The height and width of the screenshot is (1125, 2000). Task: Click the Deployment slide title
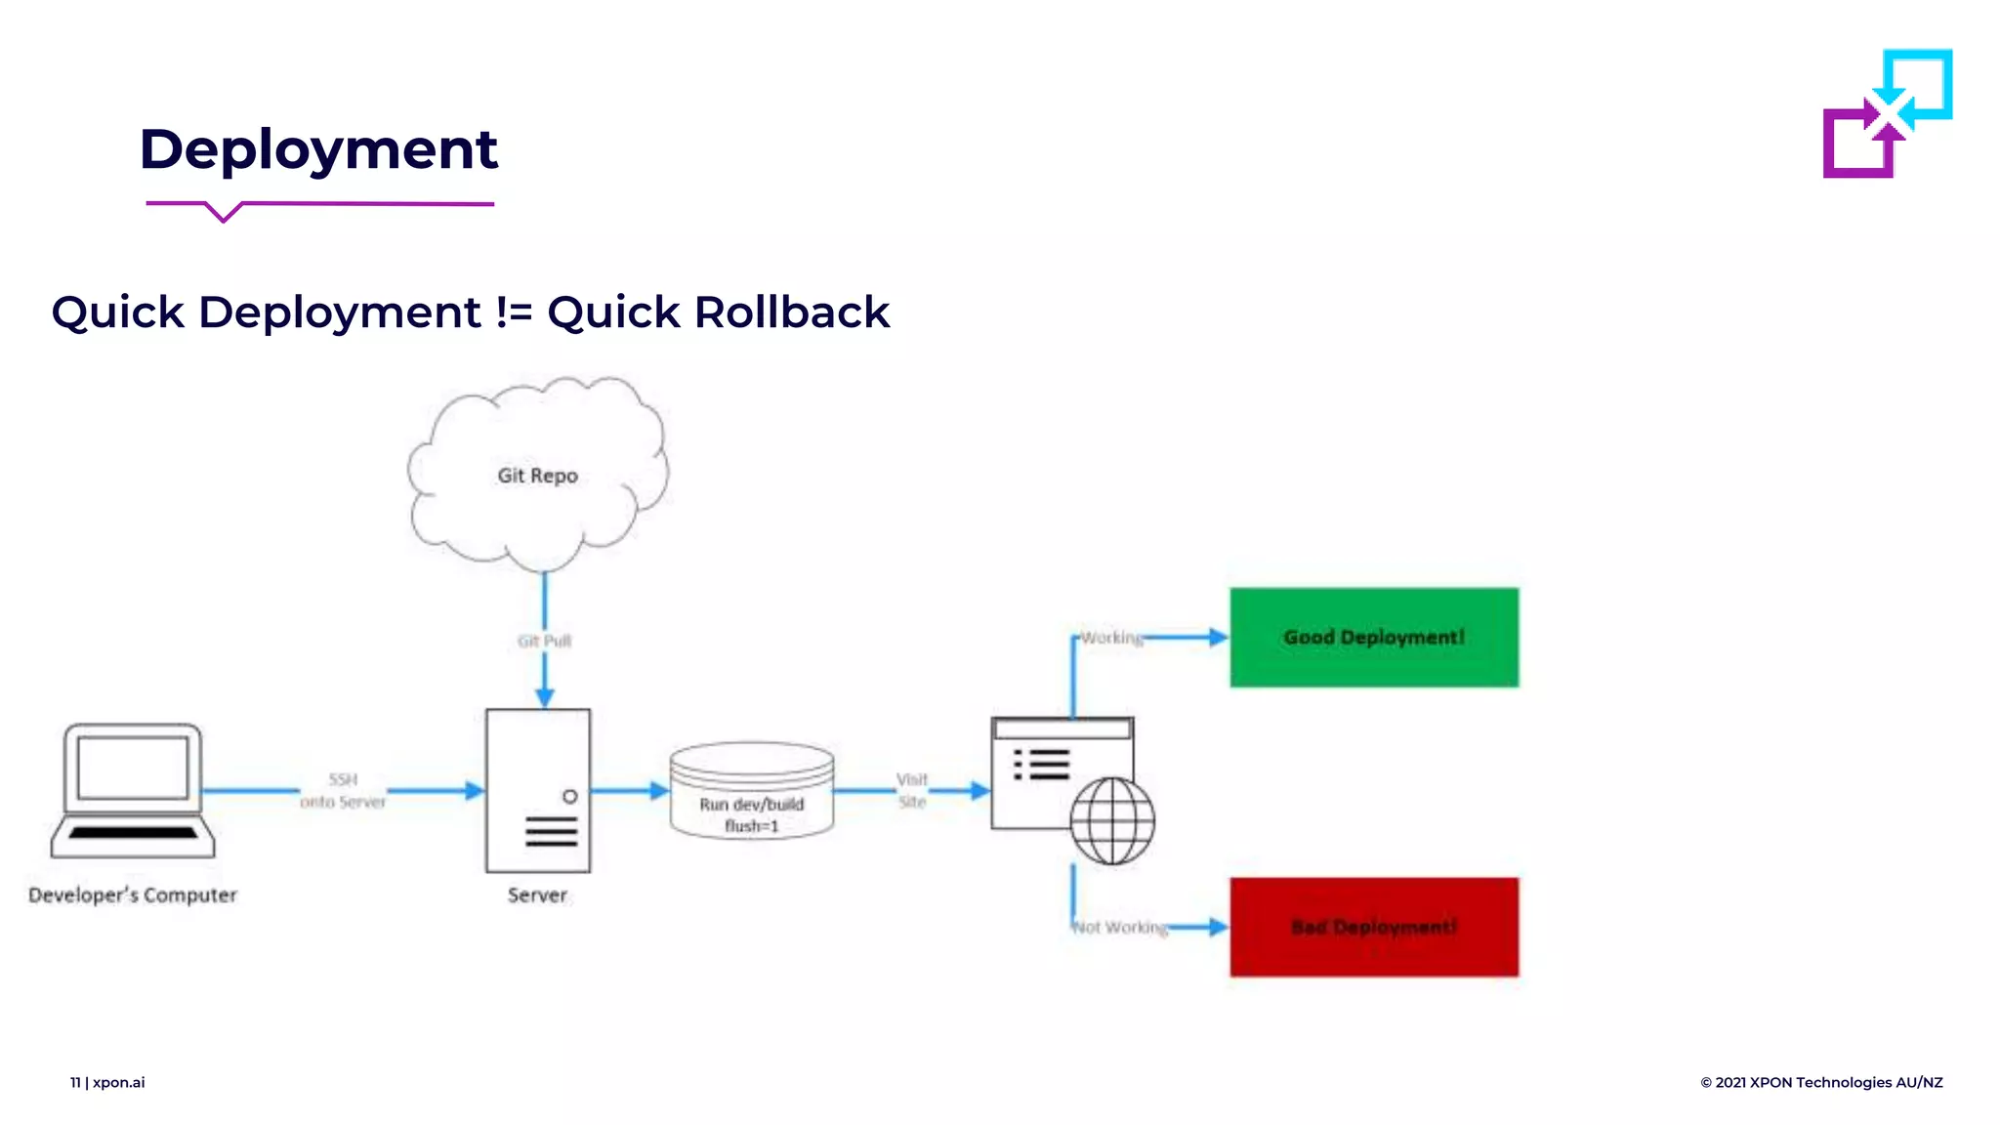pyautogui.click(x=318, y=149)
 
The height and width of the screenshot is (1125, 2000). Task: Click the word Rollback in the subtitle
pyautogui.click(x=791, y=312)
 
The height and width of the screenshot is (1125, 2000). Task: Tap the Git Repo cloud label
pyautogui.click(x=537, y=476)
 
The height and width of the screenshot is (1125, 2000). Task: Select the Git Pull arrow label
pyautogui.click(x=544, y=641)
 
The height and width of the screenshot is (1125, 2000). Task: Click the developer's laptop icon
pyautogui.click(x=133, y=790)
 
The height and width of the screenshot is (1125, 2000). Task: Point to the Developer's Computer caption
pyautogui.click(x=133, y=895)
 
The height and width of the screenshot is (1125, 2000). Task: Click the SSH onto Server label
pyautogui.click(x=343, y=790)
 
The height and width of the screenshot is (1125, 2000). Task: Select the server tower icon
pyautogui.click(x=538, y=790)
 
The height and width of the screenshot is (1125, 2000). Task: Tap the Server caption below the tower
pyautogui.click(x=537, y=895)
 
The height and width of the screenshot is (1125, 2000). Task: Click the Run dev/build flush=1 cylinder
pyautogui.click(x=751, y=792)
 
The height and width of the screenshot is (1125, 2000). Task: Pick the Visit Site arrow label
pyautogui.click(x=912, y=790)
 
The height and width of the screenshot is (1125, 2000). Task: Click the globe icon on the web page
pyautogui.click(x=1111, y=821)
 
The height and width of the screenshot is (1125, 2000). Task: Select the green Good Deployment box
pyautogui.click(x=1374, y=637)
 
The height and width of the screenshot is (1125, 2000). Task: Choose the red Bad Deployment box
pyautogui.click(x=1374, y=927)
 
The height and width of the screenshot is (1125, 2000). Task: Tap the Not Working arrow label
pyautogui.click(x=1120, y=927)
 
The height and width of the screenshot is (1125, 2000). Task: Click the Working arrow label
pyautogui.click(x=1111, y=638)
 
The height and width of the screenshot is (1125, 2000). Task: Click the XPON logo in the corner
pyautogui.click(x=1887, y=113)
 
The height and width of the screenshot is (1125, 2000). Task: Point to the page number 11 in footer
pyautogui.click(x=75, y=1082)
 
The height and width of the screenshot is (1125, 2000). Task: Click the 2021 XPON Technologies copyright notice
pyautogui.click(x=1821, y=1082)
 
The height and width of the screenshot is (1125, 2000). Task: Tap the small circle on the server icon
pyautogui.click(x=570, y=796)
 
